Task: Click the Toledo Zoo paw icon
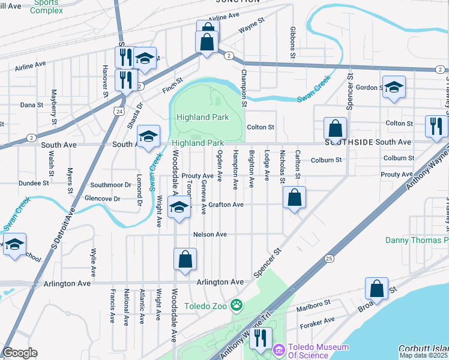click(x=238, y=305)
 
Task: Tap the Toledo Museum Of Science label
click(x=318, y=352)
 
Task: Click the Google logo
click(x=20, y=353)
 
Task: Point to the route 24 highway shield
click(x=119, y=111)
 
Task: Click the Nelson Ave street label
click(x=209, y=235)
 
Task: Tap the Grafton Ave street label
click(x=226, y=205)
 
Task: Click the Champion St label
click(x=244, y=88)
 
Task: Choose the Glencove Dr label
click(x=103, y=199)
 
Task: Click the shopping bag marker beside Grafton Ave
click(x=294, y=198)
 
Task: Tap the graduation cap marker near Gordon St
click(x=394, y=87)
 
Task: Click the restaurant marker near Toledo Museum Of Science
click(x=260, y=338)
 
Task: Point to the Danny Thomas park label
click(x=417, y=241)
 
